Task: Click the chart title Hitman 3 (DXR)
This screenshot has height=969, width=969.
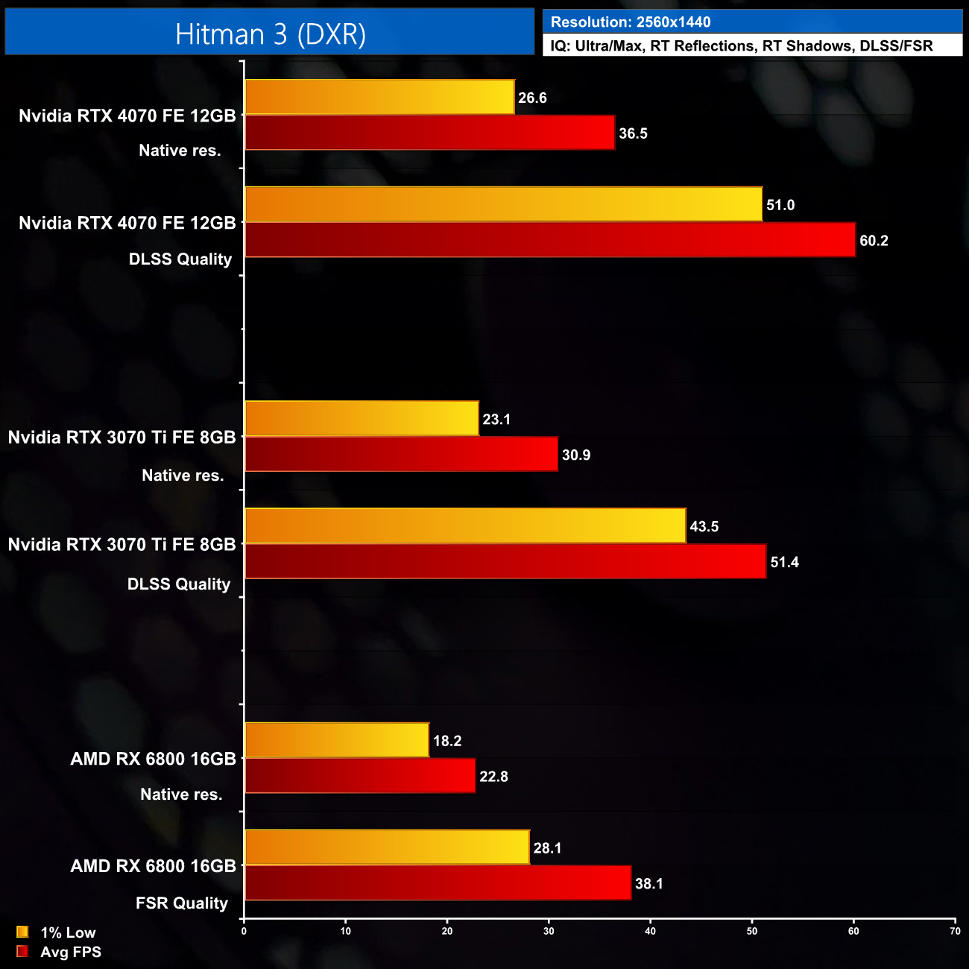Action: (270, 34)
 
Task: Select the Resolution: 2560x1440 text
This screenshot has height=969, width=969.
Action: (630, 22)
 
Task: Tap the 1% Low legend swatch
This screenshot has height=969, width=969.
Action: (22, 932)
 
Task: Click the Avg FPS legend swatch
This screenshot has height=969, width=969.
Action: (22, 951)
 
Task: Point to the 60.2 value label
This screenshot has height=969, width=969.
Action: (874, 241)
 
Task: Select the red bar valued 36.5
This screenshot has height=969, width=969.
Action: (429, 133)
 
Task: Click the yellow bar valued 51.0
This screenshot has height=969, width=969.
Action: (503, 204)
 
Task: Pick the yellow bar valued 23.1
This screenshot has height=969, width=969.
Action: (362, 419)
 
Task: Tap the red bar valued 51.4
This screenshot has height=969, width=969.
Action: (505, 561)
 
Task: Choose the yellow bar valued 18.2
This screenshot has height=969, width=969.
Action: (337, 740)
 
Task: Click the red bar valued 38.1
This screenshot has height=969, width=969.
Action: (438, 883)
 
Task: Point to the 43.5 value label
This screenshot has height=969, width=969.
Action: (704, 526)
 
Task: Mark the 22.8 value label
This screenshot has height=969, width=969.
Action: (493, 777)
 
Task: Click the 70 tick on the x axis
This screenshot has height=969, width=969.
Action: (955, 931)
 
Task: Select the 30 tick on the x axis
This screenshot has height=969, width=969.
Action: (549, 931)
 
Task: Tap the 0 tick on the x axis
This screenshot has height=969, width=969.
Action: (244, 931)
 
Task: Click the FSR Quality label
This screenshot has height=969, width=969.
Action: (181, 903)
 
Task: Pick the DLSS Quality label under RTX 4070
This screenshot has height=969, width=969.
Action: (180, 259)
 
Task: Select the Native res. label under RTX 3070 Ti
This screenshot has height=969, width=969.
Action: (183, 476)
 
